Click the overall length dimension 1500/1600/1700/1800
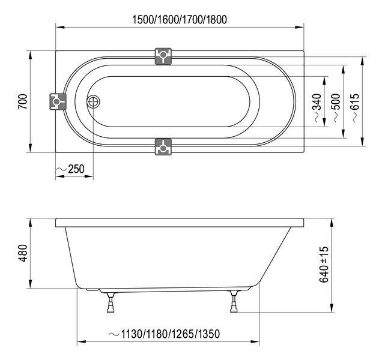click(180, 20)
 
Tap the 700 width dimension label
click(23, 101)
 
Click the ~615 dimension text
click(355, 108)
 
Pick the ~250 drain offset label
click(71, 169)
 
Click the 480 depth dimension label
click(23, 253)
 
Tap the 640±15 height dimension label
click(324, 265)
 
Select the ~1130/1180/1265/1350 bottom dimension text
click(165, 334)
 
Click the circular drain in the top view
click(93, 101)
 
